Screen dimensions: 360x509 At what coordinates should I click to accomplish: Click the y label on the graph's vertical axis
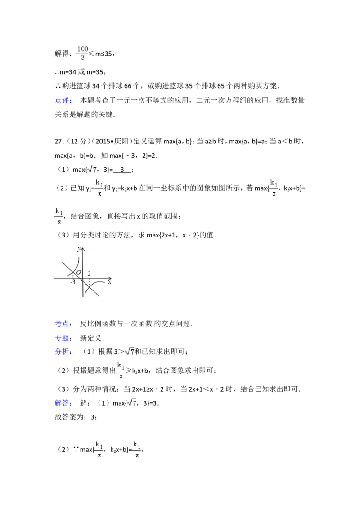[x=79, y=249]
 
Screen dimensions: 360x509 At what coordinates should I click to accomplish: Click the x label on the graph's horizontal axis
[x=109, y=282]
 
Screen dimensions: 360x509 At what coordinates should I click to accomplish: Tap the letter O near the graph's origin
[x=78, y=272]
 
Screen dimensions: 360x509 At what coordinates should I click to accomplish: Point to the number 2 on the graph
[x=89, y=274]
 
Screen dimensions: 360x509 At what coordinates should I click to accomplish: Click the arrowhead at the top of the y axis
[x=83, y=248]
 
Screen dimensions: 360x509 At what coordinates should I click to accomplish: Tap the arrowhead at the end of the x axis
[x=112, y=278]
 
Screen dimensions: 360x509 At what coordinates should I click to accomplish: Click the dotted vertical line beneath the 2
[x=89, y=282]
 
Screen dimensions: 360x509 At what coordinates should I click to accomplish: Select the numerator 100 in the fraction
[x=82, y=49]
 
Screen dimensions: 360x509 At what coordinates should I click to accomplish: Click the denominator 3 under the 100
[x=82, y=57]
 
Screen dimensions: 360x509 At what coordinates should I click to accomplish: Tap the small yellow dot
[x=153, y=325]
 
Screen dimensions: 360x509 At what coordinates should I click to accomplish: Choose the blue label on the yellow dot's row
[x=62, y=323]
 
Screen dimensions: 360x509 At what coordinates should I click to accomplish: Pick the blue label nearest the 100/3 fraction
[x=63, y=100]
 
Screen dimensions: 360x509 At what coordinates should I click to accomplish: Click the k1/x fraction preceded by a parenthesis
[x=274, y=187]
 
